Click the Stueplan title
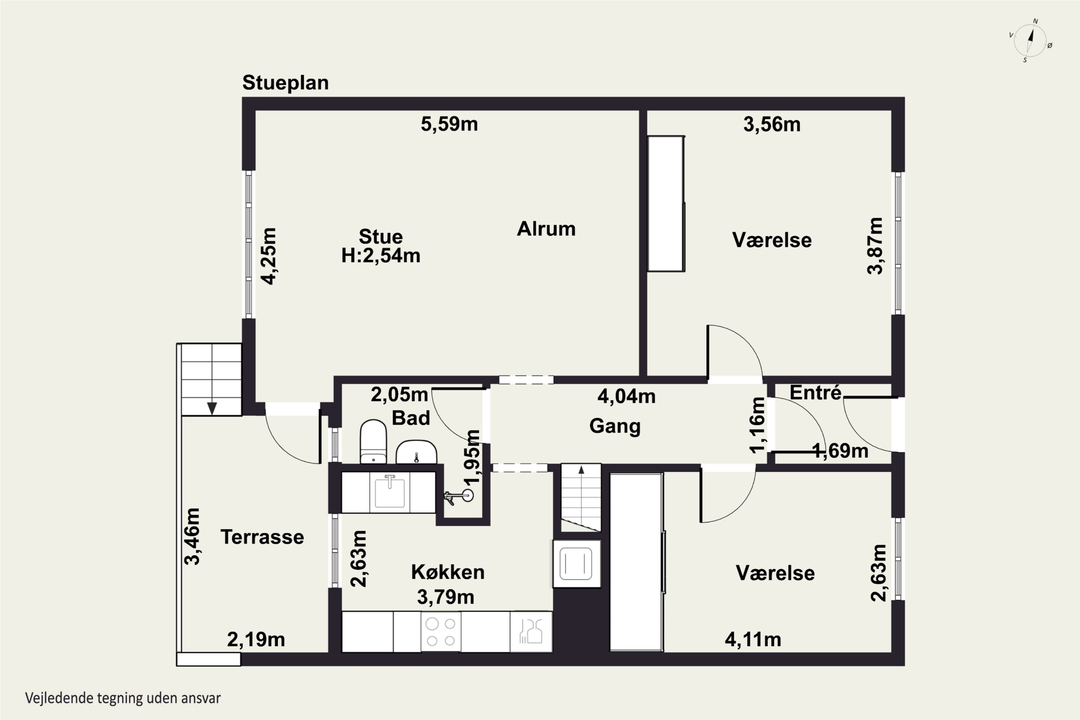click(x=285, y=83)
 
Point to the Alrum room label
click(x=546, y=229)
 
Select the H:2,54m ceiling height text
click(x=381, y=256)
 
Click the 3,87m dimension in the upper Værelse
click(x=875, y=246)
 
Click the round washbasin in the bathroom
click(x=416, y=452)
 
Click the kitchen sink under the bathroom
click(x=390, y=492)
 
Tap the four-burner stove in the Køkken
click(x=441, y=632)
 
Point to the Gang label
click(x=615, y=426)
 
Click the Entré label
click(x=815, y=393)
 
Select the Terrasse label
click(x=262, y=537)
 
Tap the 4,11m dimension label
click(x=753, y=640)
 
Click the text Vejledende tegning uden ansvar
click(x=123, y=698)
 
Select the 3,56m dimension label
click(x=772, y=125)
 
